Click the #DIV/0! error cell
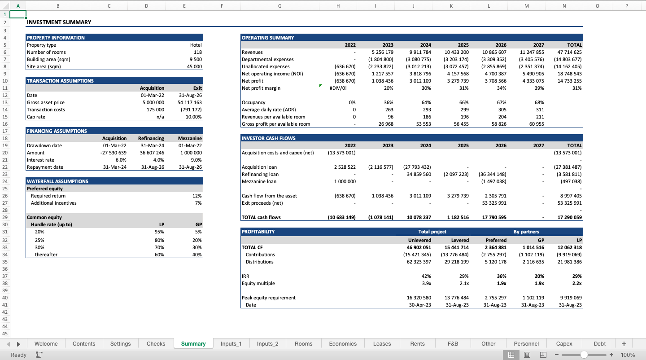pyautogui.click(x=338, y=88)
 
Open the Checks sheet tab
pyautogui.click(x=156, y=344)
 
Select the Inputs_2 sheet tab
pyautogui.click(x=267, y=344)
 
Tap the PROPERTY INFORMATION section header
pyautogui.click(x=56, y=38)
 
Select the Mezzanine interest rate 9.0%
pyautogui.click(x=196, y=160)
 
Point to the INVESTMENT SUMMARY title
pyautogui.click(x=59, y=22)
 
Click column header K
pyautogui.click(x=451, y=6)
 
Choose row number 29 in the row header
pyautogui.click(x=4, y=217)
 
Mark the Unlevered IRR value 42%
pyautogui.click(x=426, y=276)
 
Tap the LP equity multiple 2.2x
pyautogui.click(x=576, y=283)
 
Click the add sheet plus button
pyautogui.click(x=624, y=344)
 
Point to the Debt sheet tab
pyautogui.click(x=599, y=344)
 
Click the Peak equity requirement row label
pyautogui.click(x=269, y=298)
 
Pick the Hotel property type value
pyautogui.click(x=196, y=45)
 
